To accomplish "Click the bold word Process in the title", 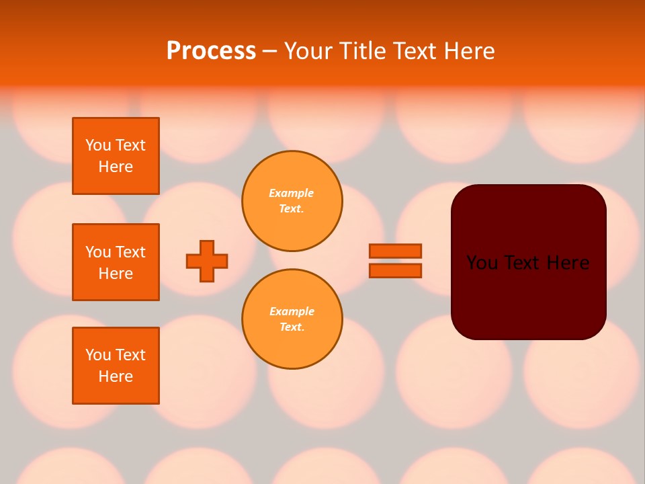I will point(211,51).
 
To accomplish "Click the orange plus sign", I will point(207,261).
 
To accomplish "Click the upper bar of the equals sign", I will point(395,251).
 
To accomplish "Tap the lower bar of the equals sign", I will point(395,270).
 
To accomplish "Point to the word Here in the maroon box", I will point(568,263).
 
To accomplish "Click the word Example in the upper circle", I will point(291,193).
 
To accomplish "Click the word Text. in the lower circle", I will point(292,327).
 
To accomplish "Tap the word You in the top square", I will point(97,145).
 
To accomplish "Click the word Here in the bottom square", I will point(116,376).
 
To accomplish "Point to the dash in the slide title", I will point(269,51).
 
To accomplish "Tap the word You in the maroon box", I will point(482,263).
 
